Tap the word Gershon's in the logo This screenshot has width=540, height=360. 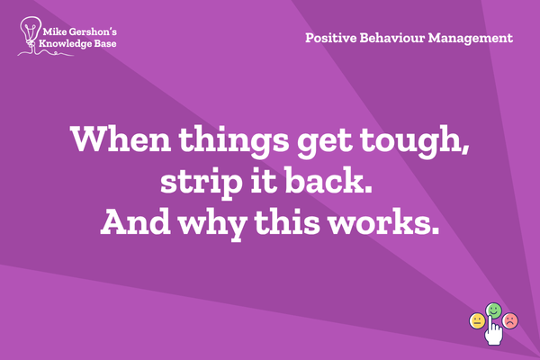(93, 32)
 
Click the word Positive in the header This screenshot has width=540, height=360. (330, 38)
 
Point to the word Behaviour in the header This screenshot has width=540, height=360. (391, 38)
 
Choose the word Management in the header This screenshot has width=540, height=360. (471, 39)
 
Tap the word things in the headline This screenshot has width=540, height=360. (233, 141)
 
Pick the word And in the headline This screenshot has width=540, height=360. (136, 221)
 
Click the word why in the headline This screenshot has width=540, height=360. (213, 224)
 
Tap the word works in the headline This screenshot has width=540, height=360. (380, 221)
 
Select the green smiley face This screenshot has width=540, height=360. (493, 310)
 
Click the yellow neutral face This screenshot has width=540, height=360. (477, 321)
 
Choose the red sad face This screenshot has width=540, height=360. (510, 321)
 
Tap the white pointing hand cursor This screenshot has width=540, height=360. (493, 330)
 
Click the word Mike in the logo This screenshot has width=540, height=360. (54, 32)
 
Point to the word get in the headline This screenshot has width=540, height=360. (324, 143)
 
